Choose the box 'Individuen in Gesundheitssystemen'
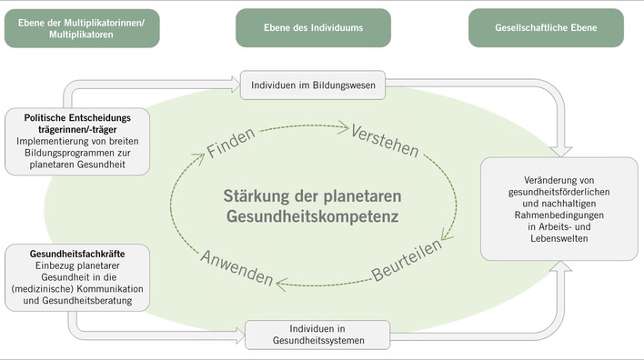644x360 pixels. tap(317, 334)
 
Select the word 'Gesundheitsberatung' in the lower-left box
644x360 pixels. tap(100, 301)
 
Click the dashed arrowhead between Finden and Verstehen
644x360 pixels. tap(345, 126)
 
